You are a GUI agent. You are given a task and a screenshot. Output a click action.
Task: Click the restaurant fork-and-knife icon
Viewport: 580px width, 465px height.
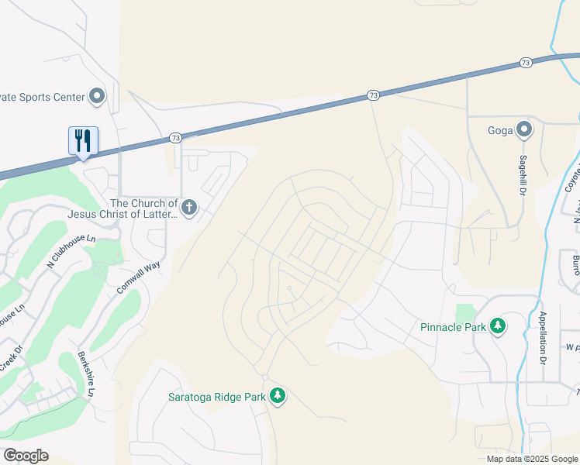point(83,140)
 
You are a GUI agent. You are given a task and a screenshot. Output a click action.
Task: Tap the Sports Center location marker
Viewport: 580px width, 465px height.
point(97,96)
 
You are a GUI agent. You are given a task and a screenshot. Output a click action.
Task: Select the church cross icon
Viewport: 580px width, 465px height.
point(189,207)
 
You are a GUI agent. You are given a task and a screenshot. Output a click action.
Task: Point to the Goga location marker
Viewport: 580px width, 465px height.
point(524,129)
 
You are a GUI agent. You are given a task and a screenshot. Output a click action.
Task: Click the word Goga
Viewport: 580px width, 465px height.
point(500,130)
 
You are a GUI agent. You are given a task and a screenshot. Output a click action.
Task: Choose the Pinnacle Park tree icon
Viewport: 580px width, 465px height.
point(498,326)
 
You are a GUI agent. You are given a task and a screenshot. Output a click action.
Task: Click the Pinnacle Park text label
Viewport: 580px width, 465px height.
point(453,327)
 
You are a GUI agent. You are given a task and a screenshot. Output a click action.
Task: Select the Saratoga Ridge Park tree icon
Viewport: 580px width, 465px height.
point(278,397)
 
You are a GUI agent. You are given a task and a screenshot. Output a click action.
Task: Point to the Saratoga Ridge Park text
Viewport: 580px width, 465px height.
point(217,397)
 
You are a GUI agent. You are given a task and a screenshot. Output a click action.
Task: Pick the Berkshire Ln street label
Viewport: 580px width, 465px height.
point(85,375)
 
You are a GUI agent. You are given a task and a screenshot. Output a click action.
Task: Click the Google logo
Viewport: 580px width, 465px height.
point(26,456)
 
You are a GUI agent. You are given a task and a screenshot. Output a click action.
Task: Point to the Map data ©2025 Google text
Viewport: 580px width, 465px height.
point(531,459)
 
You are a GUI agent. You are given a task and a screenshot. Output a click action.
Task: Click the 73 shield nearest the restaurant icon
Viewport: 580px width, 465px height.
point(175,138)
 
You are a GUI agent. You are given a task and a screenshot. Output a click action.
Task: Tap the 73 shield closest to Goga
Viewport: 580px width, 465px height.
point(525,62)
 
